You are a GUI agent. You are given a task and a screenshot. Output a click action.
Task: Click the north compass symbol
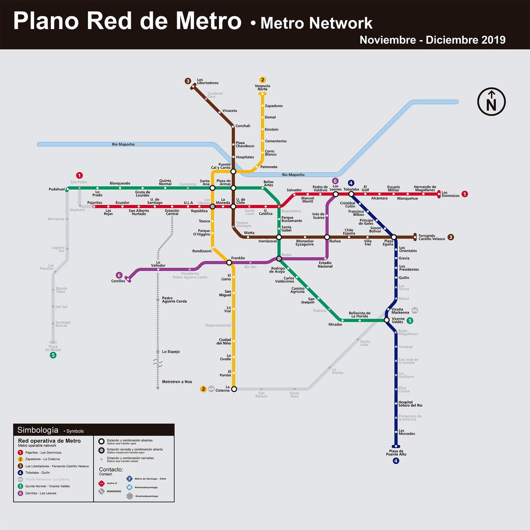(491, 102)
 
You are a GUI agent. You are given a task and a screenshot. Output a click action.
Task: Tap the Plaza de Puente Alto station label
(396, 453)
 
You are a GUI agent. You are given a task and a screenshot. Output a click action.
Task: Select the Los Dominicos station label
(450, 194)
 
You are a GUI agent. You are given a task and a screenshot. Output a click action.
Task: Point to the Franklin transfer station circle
(229, 262)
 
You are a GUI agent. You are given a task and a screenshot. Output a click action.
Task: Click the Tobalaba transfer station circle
(351, 194)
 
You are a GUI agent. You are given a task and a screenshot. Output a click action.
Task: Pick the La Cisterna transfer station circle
(234, 389)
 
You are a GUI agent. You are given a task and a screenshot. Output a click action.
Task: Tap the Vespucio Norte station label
(262, 87)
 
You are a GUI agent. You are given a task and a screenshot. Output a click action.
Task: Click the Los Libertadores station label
(208, 81)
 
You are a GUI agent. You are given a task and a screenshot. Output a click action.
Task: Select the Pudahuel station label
(57, 189)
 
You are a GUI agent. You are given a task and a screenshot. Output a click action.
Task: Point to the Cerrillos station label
(118, 281)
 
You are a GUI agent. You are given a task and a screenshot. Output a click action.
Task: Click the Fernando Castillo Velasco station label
(432, 237)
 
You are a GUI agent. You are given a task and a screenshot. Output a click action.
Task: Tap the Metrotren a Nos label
(177, 382)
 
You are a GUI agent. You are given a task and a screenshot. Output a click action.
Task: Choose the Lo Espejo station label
(171, 352)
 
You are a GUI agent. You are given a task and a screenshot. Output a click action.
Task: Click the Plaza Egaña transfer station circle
(394, 237)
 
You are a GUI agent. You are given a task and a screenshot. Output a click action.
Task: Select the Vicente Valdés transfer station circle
(386, 320)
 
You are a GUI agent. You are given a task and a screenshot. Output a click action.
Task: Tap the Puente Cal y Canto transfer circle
(233, 171)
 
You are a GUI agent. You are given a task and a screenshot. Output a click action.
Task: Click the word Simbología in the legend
(38, 430)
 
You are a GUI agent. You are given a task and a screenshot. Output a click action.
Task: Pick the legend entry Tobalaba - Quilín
(38, 473)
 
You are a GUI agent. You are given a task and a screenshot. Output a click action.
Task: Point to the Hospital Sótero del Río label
(410, 404)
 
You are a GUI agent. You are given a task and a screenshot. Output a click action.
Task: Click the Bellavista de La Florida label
(360, 314)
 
